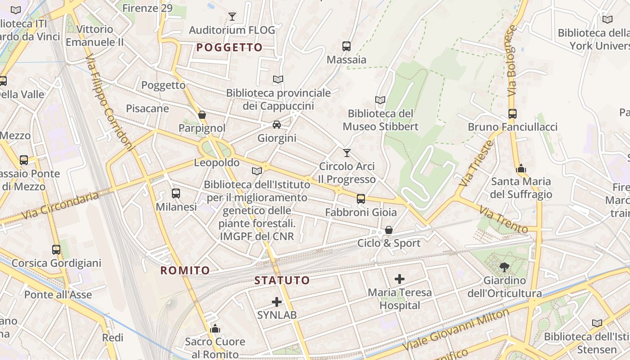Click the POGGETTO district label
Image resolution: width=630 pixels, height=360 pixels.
coord(229,48)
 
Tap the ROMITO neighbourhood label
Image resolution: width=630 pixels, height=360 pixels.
coord(185,270)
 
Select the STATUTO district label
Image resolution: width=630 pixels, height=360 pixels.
coord(282,281)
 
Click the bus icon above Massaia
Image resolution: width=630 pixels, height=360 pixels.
coord(346,46)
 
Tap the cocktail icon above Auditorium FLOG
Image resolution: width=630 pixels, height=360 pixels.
coord(232,17)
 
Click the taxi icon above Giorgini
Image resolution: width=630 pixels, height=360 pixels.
coord(276,125)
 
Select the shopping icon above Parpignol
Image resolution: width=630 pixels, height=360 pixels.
coord(202,115)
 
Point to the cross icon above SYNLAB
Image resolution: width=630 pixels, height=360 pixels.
coord(277,302)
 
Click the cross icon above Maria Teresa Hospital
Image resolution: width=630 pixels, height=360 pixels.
coord(399,279)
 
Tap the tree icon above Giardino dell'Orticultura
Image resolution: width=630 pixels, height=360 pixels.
coord(504,267)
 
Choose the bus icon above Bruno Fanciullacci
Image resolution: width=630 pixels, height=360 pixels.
coord(512,114)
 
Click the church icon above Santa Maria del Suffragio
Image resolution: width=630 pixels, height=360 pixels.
coord(521,169)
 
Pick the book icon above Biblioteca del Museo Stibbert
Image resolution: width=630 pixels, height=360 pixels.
coord(380,100)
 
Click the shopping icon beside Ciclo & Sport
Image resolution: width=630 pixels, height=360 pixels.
coord(389,230)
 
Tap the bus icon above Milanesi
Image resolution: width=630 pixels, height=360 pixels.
coord(176,193)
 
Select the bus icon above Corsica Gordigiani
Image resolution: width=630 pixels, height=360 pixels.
coord(56,249)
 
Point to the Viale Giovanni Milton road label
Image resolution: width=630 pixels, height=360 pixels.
coord(456,330)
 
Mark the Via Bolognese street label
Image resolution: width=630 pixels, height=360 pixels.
coord(512,60)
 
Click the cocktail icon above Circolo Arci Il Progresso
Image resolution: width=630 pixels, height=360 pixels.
coord(346,153)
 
